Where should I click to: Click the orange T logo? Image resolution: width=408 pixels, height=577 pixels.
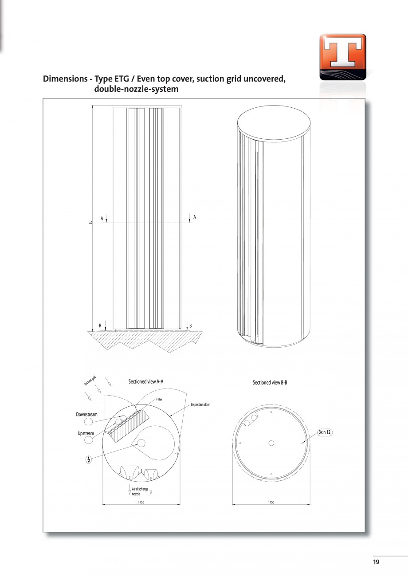coord(342,57)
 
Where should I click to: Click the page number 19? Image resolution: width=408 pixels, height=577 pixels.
coord(376,562)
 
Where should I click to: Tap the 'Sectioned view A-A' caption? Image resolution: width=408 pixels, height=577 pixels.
coord(146,381)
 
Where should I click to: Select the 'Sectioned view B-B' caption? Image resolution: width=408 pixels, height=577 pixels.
coord(270,382)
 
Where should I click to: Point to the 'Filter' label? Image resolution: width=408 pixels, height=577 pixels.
coord(159,399)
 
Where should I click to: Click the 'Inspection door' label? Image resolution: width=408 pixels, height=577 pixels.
coord(200,404)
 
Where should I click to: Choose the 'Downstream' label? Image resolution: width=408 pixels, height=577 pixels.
coord(86,415)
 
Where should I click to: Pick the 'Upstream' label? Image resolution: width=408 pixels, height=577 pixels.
coord(86,433)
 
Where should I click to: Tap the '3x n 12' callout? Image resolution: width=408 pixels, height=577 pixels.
coord(325,432)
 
